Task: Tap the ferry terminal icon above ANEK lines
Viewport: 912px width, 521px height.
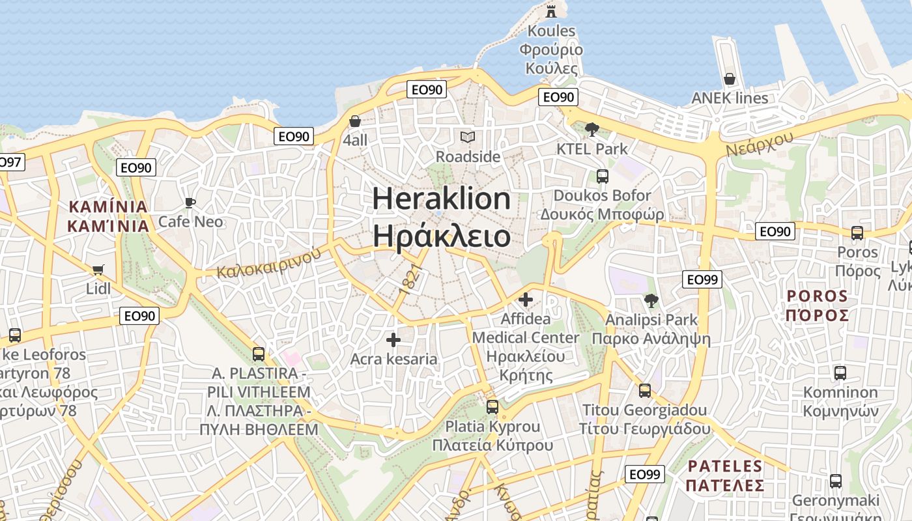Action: pyautogui.click(x=730, y=79)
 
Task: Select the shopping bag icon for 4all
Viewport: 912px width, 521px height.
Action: pyautogui.click(x=355, y=121)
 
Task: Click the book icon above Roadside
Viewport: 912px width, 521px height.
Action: pyautogui.click(x=468, y=137)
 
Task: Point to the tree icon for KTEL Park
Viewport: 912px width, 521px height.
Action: pyautogui.click(x=591, y=129)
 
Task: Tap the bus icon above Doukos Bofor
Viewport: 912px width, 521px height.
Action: pyautogui.click(x=602, y=176)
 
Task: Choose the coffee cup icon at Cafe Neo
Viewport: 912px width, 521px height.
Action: pyautogui.click(x=190, y=203)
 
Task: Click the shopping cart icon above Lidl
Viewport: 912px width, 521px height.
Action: pyautogui.click(x=98, y=270)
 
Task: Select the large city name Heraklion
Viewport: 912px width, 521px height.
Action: pyautogui.click(x=441, y=198)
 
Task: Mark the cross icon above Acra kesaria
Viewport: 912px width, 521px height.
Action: pyautogui.click(x=393, y=340)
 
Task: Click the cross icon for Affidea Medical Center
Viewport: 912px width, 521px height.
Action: pyautogui.click(x=525, y=300)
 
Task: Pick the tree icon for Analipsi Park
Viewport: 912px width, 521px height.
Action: pyautogui.click(x=651, y=300)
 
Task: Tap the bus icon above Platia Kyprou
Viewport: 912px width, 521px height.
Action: pyautogui.click(x=492, y=407)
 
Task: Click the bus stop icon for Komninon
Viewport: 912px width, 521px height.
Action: pyautogui.click(x=840, y=373)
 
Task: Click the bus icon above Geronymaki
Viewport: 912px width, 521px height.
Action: pyautogui.click(x=835, y=481)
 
